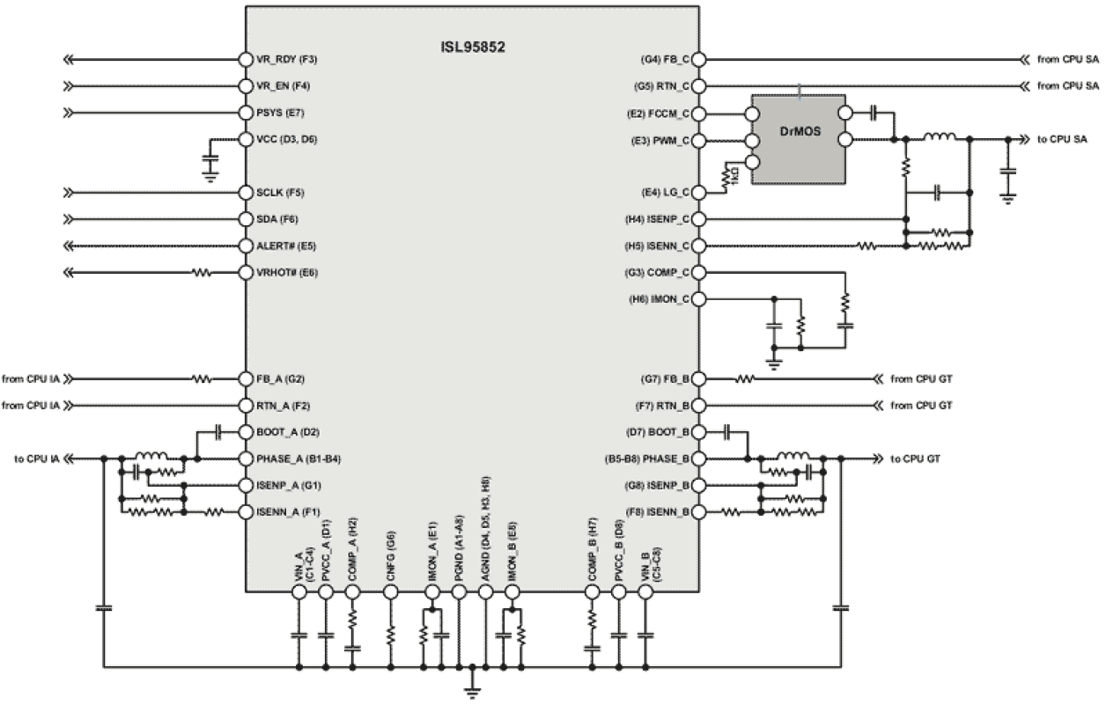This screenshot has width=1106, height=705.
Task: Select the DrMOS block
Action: [798, 139]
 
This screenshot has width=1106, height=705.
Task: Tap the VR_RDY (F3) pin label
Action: [287, 60]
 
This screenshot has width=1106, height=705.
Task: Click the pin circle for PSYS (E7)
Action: [247, 114]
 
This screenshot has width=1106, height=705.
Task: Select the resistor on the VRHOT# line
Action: [203, 273]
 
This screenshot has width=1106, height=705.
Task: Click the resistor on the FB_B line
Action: [745, 379]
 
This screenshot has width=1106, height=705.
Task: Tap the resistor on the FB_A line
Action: [203, 379]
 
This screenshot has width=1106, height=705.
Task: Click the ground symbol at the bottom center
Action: [473, 687]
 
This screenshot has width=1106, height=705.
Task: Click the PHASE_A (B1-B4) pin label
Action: [299, 459]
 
